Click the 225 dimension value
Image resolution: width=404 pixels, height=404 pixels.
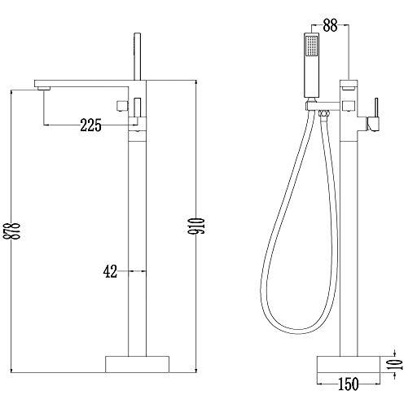coord(90,125)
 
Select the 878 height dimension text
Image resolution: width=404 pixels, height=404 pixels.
coord(12,231)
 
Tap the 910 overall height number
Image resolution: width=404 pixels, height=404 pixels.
coord(196,226)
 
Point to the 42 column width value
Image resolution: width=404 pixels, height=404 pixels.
coord(110,271)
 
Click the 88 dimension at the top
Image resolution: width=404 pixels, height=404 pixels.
coord(330,25)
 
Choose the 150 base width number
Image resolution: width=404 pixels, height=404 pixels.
coord(349,384)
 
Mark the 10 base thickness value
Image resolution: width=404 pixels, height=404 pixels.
coord(394,364)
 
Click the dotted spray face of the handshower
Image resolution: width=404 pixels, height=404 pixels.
coord(311,46)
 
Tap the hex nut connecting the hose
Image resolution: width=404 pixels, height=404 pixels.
coord(323,113)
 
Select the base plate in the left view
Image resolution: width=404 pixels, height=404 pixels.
coord(137,364)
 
